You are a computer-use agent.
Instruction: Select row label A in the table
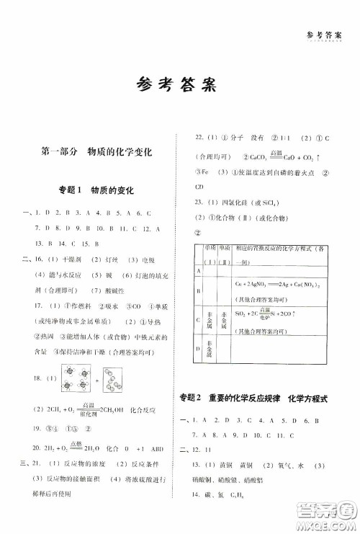click(197, 270)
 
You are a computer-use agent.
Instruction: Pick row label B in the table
click(197, 290)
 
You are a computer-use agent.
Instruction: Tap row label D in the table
click(197, 350)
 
